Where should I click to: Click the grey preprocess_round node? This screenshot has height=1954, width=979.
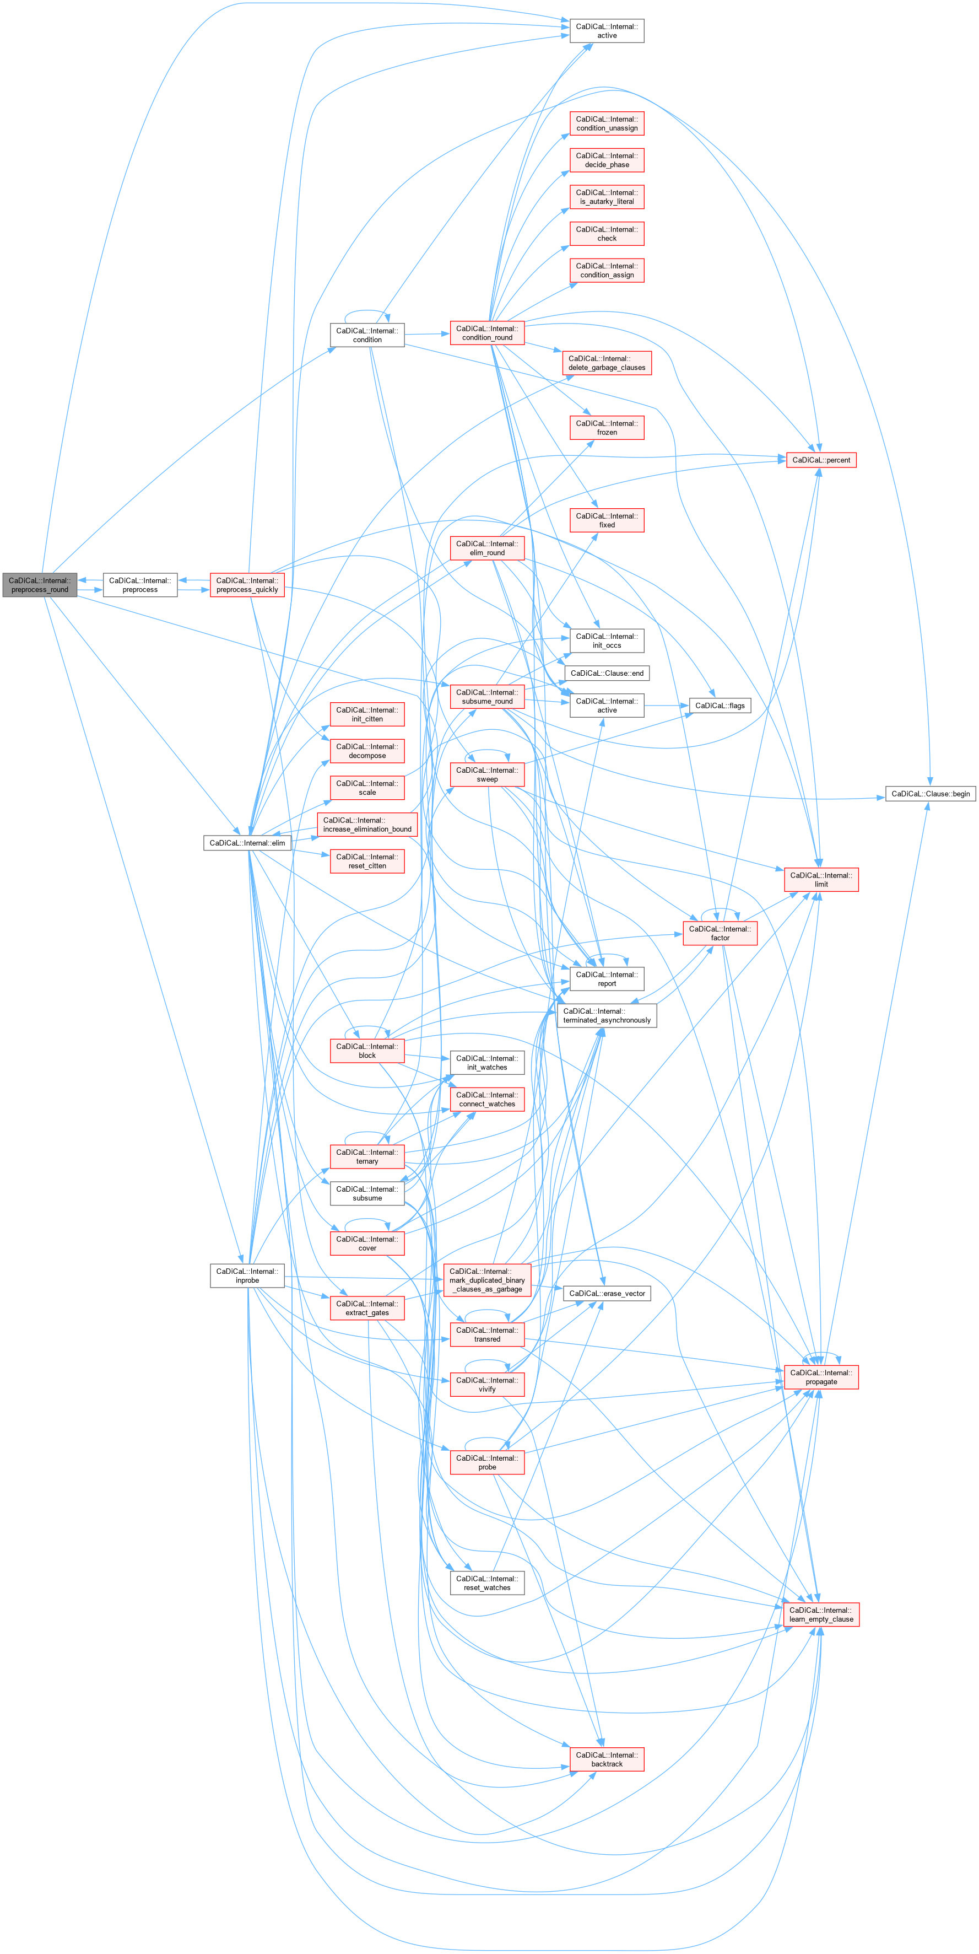pyautogui.click(x=40, y=585)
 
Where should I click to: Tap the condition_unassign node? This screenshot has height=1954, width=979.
pyautogui.click(x=607, y=123)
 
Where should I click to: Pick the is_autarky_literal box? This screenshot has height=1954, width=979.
pyautogui.click(x=607, y=197)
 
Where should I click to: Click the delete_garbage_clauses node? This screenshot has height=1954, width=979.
pyautogui.click(x=607, y=363)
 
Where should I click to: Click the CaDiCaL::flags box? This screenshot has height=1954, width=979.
pyautogui.click(x=720, y=706)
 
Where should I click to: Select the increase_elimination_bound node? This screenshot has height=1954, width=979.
pyautogui.click(x=367, y=825)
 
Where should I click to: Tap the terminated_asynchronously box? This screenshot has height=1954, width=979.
pyautogui.click(x=607, y=1016)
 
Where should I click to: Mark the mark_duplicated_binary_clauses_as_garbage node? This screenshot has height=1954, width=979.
pyautogui.click(x=487, y=1280)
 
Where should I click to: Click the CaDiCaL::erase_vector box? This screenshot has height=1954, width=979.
pyautogui.click(x=607, y=1293)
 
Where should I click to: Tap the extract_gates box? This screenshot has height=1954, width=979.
pyautogui.click(x=367, y=1308)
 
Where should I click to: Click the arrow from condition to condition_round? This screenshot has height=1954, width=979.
pyautogui.click(x=427, y=334)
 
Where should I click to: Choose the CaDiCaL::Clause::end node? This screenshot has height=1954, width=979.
pyautogui.click(x=607, y=674)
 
